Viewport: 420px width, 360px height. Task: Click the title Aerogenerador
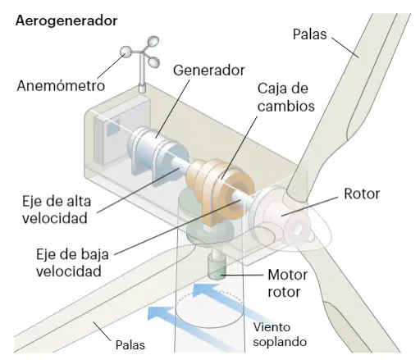(x=66, y=21)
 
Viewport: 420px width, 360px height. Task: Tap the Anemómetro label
(x=61, y=85)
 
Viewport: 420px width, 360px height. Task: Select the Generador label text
(x=209, y=71)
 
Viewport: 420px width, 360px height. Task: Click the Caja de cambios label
(x=286, y=98)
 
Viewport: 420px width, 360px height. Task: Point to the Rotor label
(x=362, y=194)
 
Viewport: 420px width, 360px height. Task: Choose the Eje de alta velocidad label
(x=57, y=210)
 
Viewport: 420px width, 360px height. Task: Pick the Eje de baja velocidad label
(x=72, y=262)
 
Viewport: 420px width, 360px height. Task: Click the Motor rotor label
(x=288, y=283)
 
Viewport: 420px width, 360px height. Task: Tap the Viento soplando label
(x=280, y=335)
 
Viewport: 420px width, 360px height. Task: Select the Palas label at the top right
(x=310, y=34)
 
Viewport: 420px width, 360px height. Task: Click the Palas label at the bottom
(x=130, y=345)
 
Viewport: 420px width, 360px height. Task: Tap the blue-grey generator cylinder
(x=157, y=153)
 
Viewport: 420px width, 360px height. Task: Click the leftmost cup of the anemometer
(x=126, y=52)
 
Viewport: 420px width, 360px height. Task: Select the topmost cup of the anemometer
(x=153, y=41)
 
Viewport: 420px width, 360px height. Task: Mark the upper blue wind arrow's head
(x=203, y=289)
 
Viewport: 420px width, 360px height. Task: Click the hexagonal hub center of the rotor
(x=298, y=228)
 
